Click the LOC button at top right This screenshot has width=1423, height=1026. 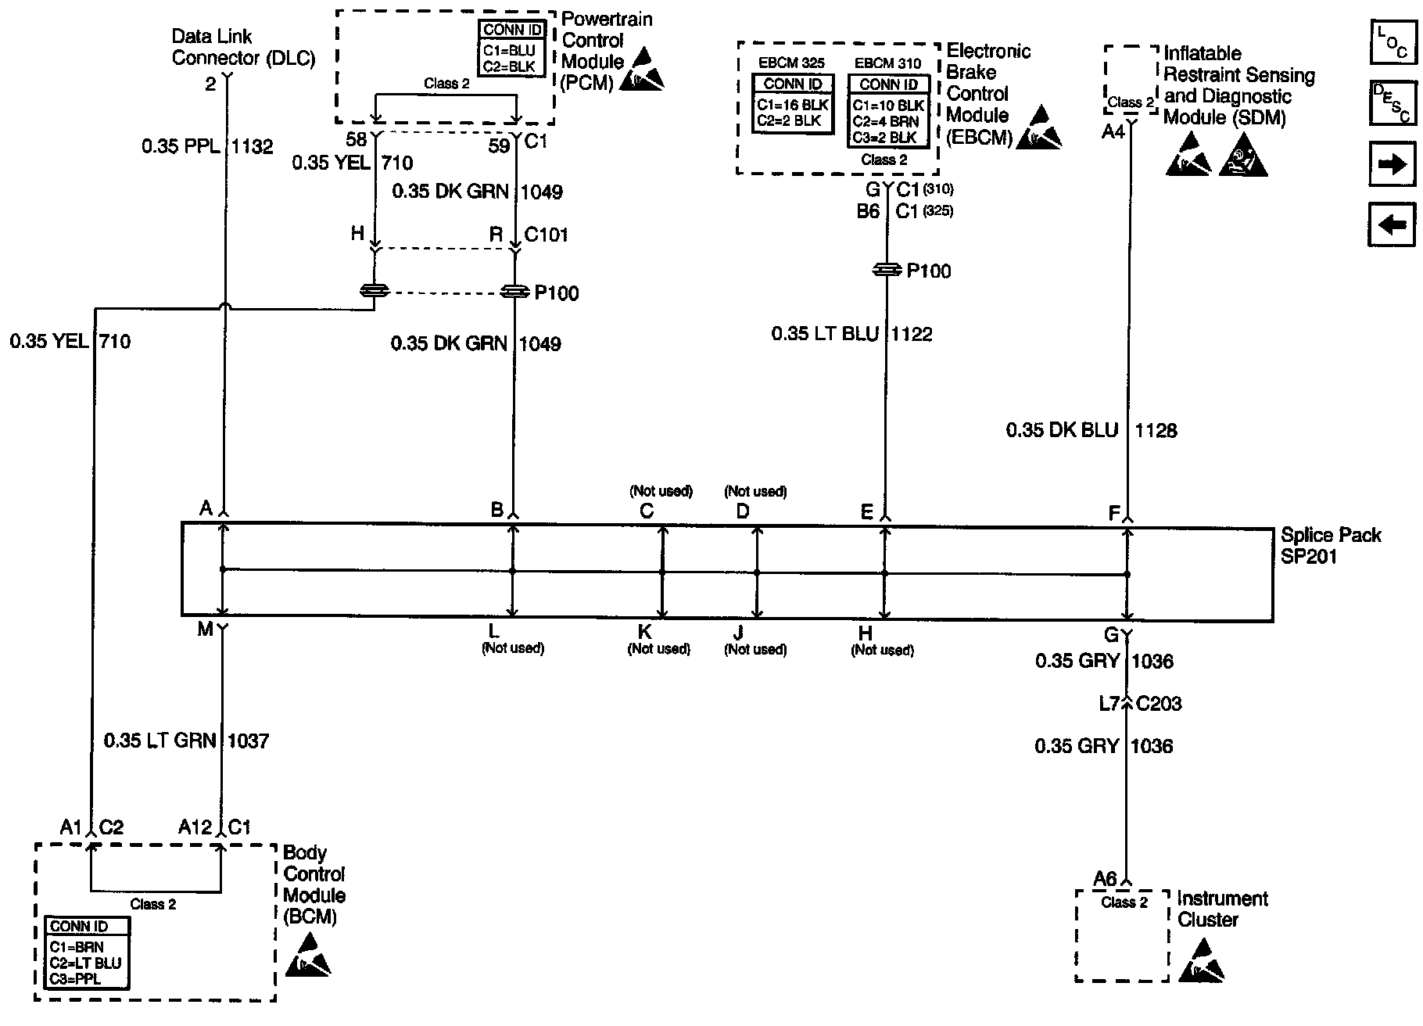[1393, 42]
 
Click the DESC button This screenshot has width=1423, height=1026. [1393, 103]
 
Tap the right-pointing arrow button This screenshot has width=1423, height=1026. [1393, 163]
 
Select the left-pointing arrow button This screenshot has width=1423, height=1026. [1393, 224]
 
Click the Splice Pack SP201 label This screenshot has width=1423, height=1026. [1330, 546]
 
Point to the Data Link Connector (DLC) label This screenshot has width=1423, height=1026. [243, 47]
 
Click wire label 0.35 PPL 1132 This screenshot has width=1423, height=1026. [207, 146]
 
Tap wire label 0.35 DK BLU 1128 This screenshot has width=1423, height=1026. [1091, 430]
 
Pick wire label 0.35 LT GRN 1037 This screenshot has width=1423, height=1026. [186, 741]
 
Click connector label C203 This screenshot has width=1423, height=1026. [1159, 704]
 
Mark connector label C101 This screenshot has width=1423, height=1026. [547, 235]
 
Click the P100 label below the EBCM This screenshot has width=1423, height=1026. [929, 271]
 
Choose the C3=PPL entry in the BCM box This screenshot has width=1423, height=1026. [76, 979]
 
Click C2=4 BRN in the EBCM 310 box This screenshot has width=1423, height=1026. [886, 121]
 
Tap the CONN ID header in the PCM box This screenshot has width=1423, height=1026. [513, 30]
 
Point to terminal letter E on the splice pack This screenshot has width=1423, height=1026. [866, 512]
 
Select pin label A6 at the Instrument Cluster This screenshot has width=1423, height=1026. [1105, 879]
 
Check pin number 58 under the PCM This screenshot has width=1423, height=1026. [356, 140]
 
